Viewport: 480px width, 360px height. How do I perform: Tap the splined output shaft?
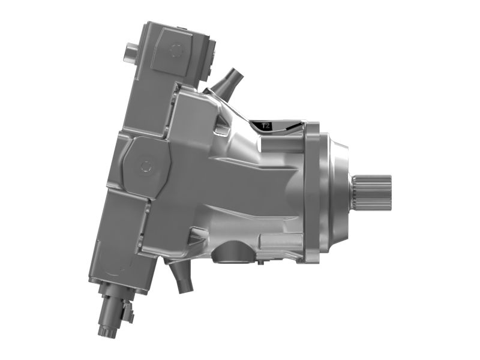point(372,190)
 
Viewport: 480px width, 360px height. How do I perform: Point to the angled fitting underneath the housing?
point(179,277)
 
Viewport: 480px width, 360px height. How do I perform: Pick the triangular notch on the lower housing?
point(196,236)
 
